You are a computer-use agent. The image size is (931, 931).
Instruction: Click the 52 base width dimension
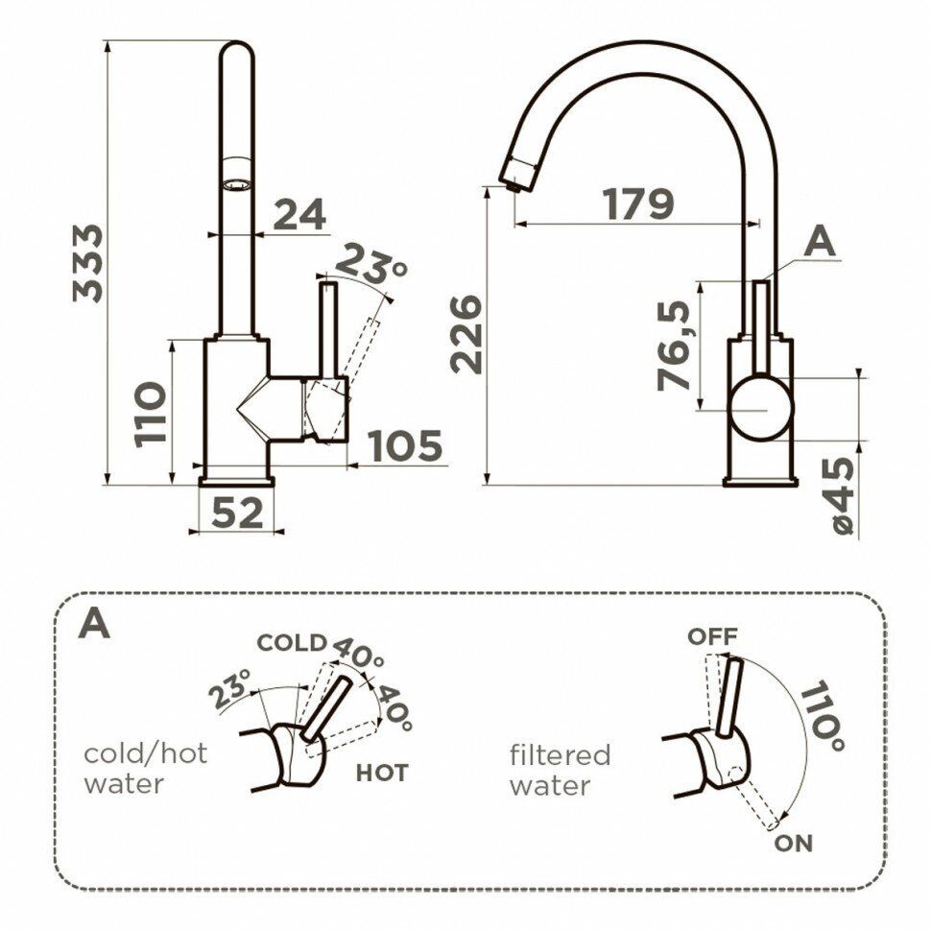(x=236, y=513)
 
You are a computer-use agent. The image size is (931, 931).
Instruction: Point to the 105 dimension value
(x=405, y=446)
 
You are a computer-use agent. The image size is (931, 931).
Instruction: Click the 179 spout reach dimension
(x=638, y=203)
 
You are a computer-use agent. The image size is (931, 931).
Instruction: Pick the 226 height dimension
(x=467, y=334)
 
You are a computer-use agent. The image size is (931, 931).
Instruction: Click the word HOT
(x=381, y=772)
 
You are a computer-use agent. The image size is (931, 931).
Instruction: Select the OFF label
(x=710, y=635)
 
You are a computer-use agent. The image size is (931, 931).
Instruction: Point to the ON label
(x=793, y=843)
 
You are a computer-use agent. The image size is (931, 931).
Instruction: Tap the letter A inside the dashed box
(x=95, y=624)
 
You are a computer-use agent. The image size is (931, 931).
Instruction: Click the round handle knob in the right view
(x=762, y=408)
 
